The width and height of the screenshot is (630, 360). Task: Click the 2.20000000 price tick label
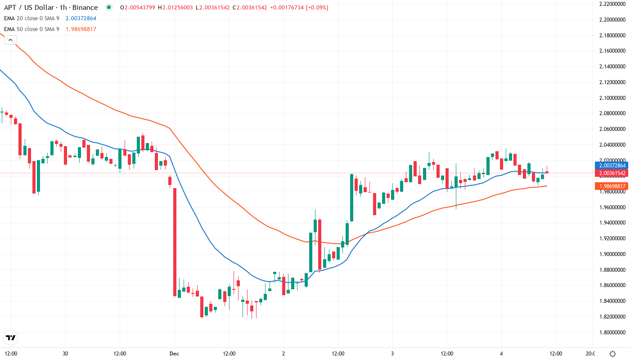pyautogui.click(x=612, y=20)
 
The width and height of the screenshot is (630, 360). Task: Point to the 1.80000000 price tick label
pyautogui.click(x=612, y=332)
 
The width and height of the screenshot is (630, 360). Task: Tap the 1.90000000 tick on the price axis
pyautogui.click(x=612, y=254)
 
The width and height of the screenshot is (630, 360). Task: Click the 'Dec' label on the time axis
pyautogui.click(x=175, y=354)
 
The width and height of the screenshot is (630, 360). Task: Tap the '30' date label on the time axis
pyautogui.click(x=66, y=354)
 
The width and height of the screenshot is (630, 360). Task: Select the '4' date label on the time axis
pyautogui.click(x=501, y=354)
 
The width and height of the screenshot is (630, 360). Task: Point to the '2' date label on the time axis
pyautogui.click(x=283, y=354)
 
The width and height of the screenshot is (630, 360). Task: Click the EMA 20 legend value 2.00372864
pyautogui.click(x=81, y=18)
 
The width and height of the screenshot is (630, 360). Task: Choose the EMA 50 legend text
pyautogui.click(x=31, y=29)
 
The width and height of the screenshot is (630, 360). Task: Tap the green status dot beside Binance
pyautogui.click(x=108, y=8)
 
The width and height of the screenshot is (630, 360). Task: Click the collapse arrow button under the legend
pyautogui.click(x=10, y=40)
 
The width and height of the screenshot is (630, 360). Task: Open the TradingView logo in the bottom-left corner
pyautogui.click(x=10, y=337)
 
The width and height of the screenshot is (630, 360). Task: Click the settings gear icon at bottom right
pyautogui.click(x=612, y=354)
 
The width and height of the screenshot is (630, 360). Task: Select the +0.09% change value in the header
pyautogui.click(x=318, y=8)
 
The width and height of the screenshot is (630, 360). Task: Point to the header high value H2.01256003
pyautogui.click(x=177, y=8)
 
